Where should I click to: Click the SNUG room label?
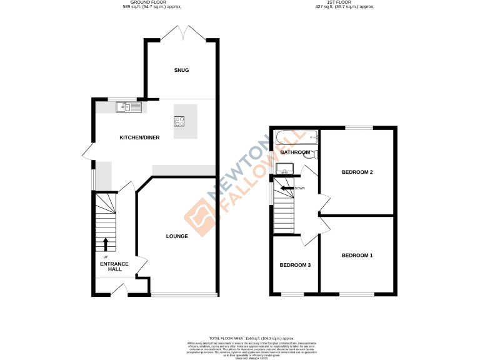[181, 70]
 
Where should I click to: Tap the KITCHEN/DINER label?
[136, 137]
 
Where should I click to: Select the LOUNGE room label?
[177, 236]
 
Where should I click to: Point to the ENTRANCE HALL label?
[114, 267]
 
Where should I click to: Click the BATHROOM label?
[295, 152]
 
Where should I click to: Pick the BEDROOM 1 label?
[357, 255]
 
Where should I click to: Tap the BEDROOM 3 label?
[295, 265]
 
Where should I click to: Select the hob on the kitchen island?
[180, 122]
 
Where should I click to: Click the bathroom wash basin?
[285, 167]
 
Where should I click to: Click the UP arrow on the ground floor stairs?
[105, 244]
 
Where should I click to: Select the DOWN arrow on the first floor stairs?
[287, 187]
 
